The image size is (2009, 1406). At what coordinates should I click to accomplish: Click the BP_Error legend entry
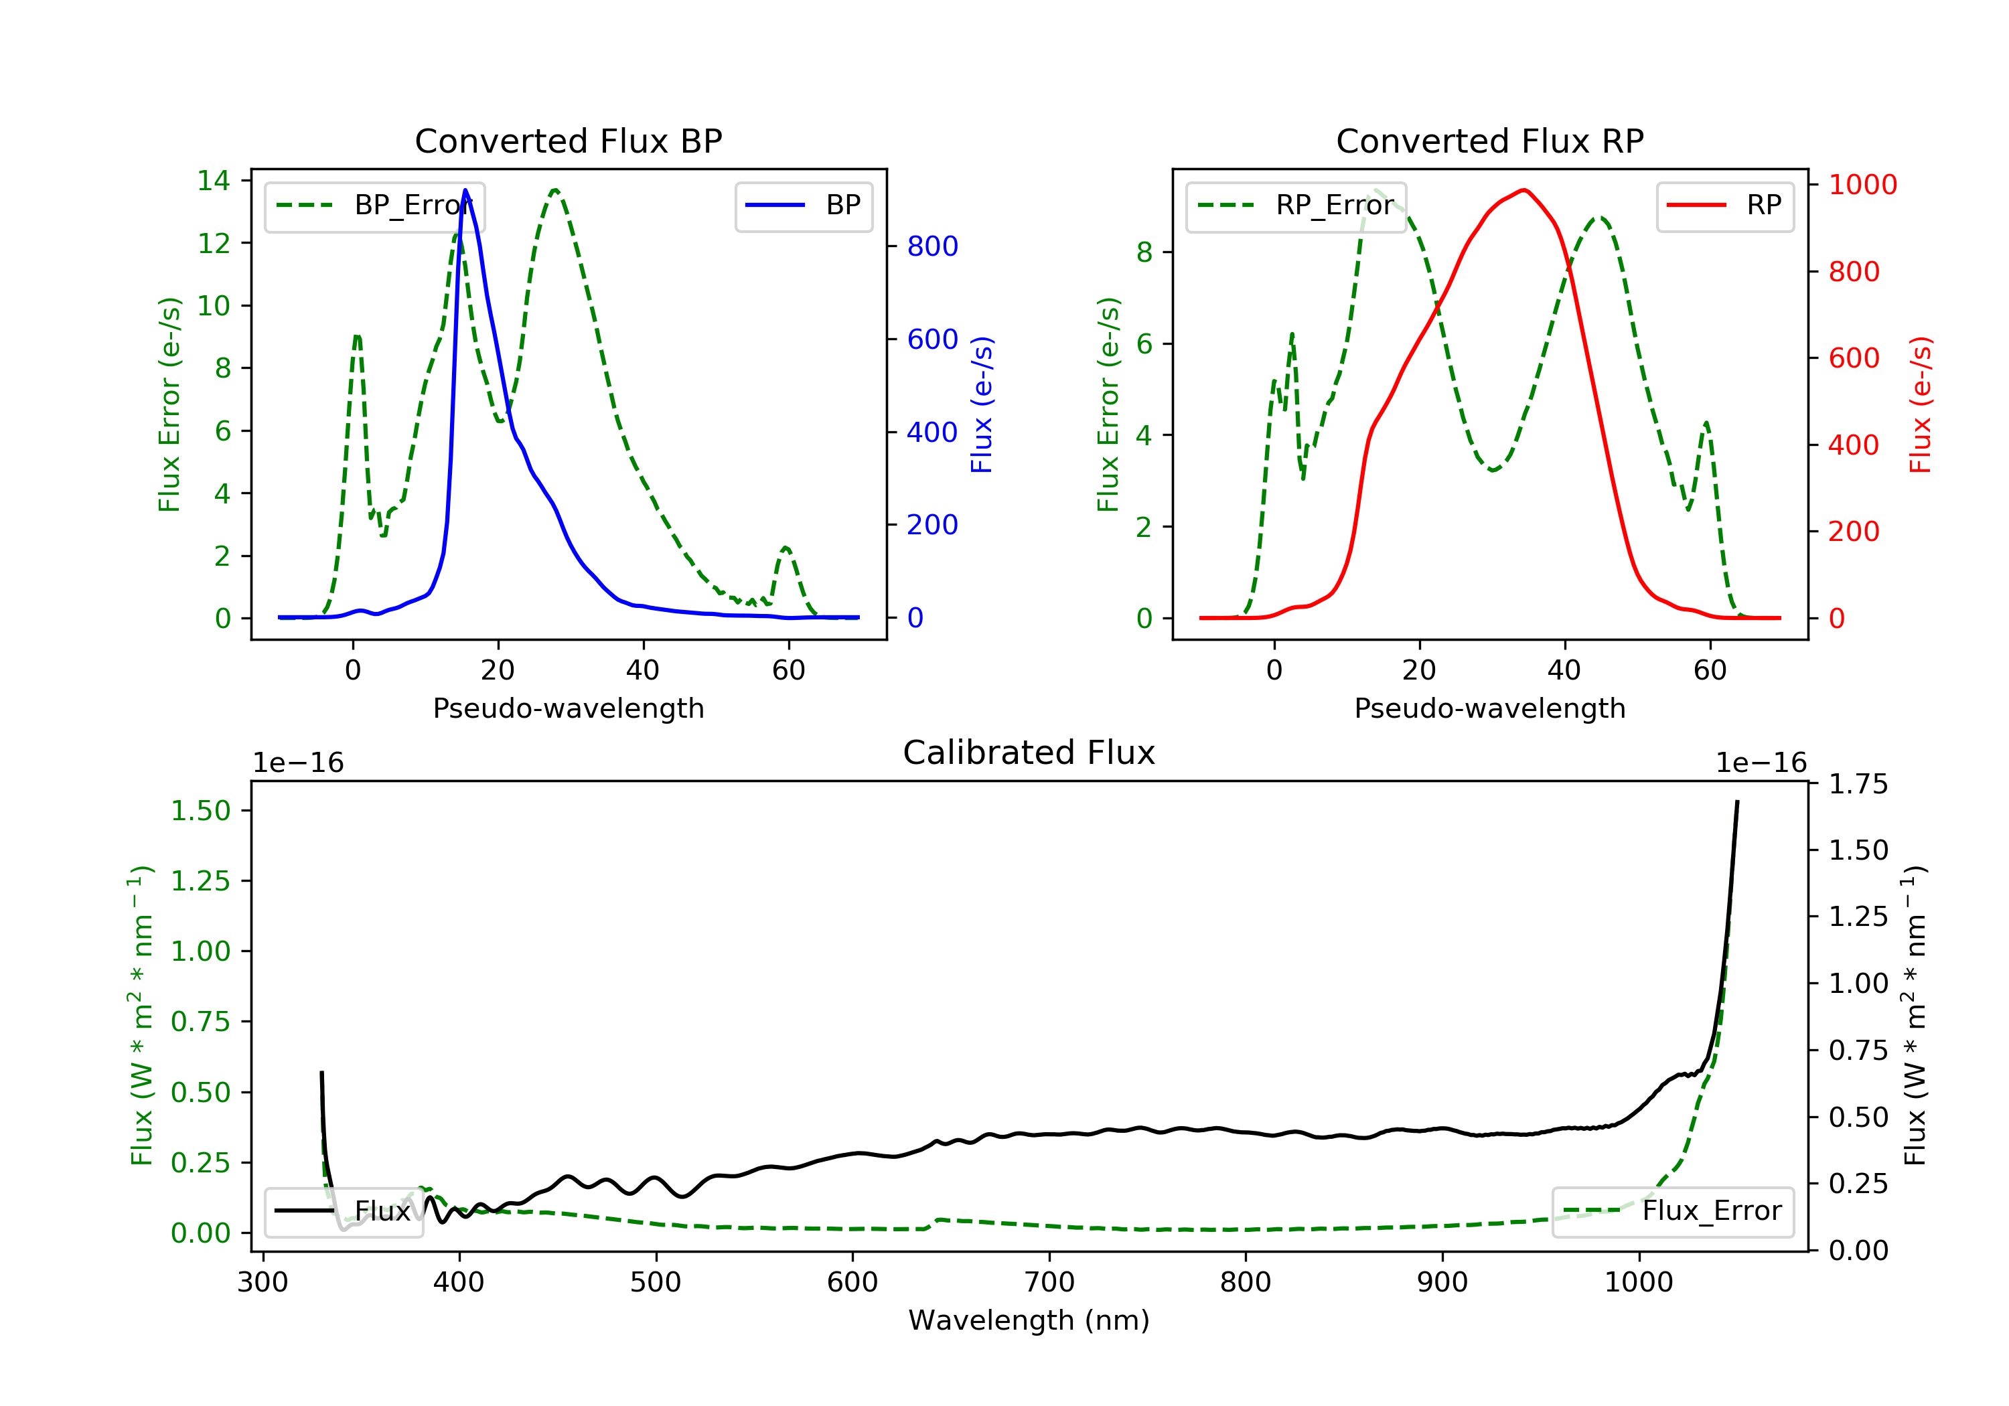(374, 206)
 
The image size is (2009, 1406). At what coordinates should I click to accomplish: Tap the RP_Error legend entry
(1296, 206)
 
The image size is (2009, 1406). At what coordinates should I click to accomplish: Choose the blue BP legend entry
(803, 206)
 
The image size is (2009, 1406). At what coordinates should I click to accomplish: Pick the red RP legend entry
(1724, 206)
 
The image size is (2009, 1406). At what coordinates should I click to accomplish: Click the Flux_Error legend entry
(1672, 1211)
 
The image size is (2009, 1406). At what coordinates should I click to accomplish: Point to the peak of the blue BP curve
(465, 190)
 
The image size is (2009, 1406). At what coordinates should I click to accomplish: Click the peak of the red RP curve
(1524, 190)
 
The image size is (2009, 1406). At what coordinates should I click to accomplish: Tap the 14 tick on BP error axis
(214, 181)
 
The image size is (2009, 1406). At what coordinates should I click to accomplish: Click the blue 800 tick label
(933, 247)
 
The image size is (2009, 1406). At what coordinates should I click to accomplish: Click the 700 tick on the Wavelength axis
(1049, 1283)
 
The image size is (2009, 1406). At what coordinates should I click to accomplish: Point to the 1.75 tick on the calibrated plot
(1858, 784)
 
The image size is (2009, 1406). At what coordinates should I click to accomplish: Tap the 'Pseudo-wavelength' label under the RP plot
(1489, 708)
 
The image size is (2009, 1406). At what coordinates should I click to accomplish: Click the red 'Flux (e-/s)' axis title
(1920, 405)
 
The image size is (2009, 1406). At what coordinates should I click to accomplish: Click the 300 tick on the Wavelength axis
(263, 1283)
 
